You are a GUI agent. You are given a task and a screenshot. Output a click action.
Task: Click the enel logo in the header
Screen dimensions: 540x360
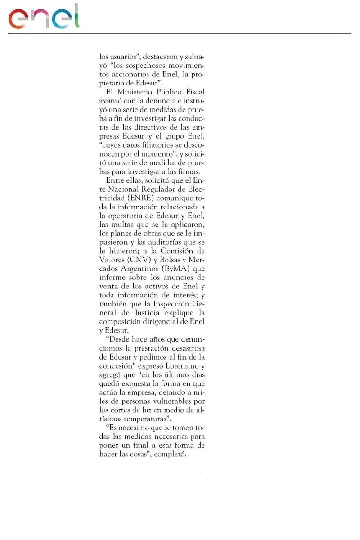(x=44, y=17)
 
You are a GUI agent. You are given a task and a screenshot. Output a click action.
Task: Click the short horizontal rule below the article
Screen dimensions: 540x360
(x=147, y=473)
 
